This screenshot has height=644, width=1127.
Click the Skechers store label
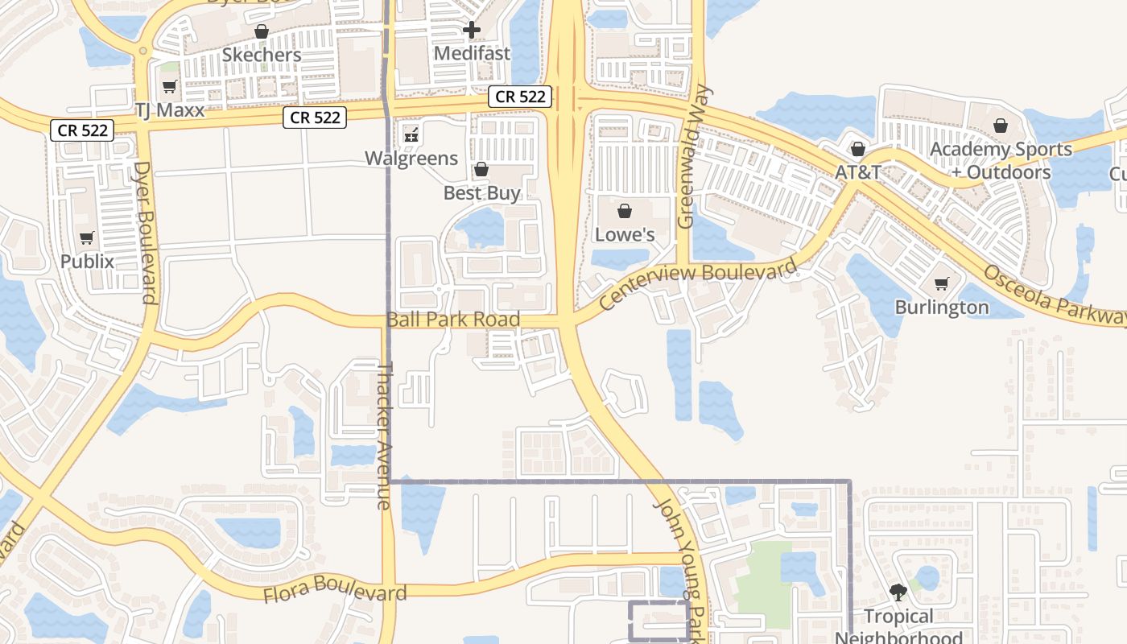coord(262,55)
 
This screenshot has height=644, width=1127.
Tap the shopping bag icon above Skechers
coord(261,31)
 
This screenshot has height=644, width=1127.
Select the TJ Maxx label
coord(170,110)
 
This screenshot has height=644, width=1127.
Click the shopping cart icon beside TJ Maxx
coord(169,87)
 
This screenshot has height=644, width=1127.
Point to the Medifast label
coord(472,53)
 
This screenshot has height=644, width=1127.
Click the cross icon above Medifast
coord(472,31)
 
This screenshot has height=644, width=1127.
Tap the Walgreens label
coord(411,158)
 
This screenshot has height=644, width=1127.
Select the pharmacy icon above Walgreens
coord(411,134)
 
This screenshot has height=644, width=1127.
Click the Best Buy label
coord(482,193)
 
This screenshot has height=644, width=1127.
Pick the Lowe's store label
coord(625,234)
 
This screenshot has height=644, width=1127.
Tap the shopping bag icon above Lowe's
coord(625,211)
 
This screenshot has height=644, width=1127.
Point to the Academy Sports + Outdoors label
coord(1001,160)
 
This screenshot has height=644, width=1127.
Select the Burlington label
coord(942,307)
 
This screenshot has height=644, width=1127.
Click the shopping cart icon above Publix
coord(87,238)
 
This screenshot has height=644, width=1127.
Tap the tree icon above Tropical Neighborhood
coord(898,593)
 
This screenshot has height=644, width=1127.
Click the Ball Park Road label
coord(453,320)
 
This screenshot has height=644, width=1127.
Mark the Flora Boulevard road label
coord(335,591)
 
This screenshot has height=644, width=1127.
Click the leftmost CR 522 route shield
coord(83,130)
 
